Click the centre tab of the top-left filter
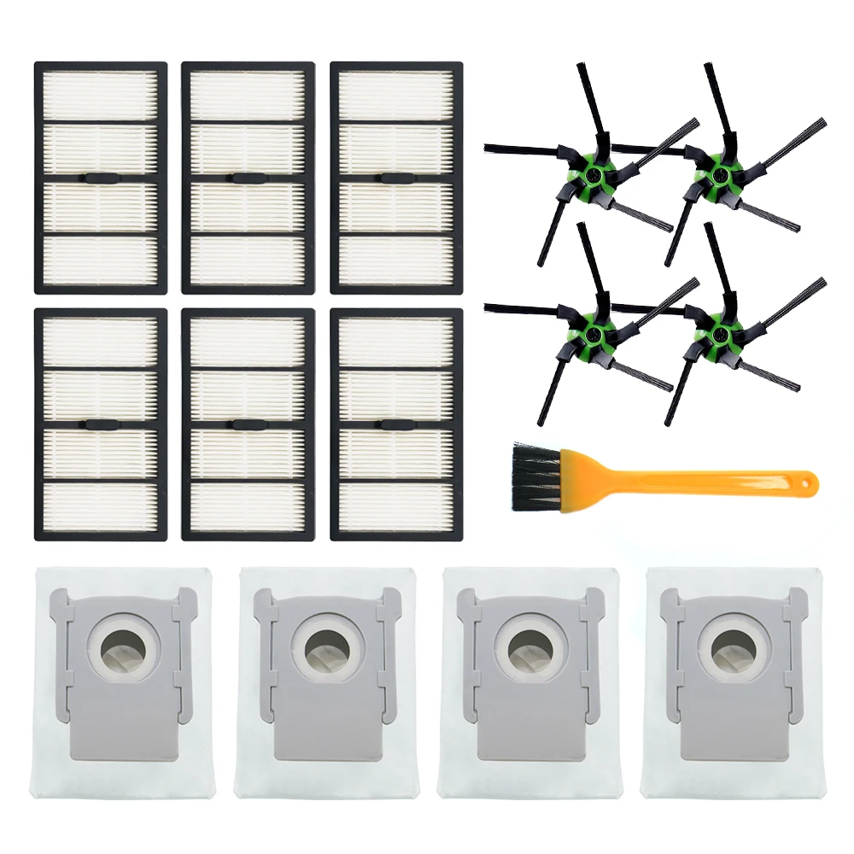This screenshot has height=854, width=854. click(100, 178)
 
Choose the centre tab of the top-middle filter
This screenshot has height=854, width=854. click(248, 178)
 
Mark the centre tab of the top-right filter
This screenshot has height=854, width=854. click(395, 178)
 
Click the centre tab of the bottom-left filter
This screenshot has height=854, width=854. click(100, 424)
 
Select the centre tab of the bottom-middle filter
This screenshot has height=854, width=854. click(248, 424)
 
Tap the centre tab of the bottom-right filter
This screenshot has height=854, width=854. click(395, 424)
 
